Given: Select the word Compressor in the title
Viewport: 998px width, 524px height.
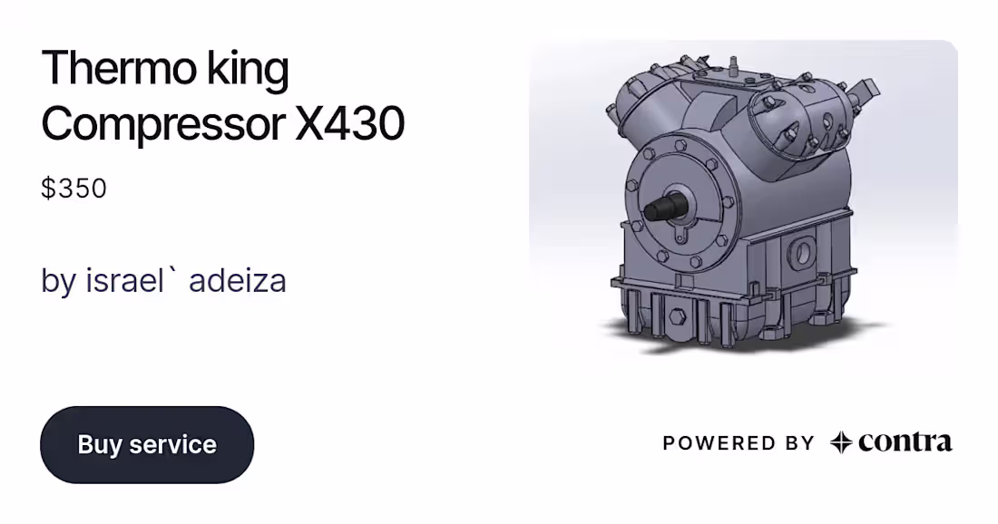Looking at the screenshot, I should tap(163, 124).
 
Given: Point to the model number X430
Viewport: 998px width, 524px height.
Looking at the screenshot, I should tap(350, 124).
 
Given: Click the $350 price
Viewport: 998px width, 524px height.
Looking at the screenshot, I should tap(73, 189).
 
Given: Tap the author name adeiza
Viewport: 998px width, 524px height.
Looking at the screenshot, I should tap(238, 280).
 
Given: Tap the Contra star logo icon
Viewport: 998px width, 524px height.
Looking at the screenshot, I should tap(841, 442).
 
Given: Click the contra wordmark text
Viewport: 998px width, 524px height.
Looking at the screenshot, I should tap(905, 442).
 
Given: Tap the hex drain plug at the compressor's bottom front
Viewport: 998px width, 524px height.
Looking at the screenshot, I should tap(677, 316).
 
